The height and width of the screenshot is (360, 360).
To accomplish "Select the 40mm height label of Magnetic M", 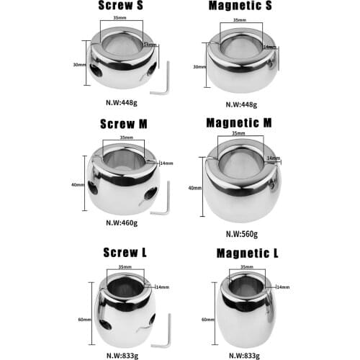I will pyautogui.click(x=194, y=188).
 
